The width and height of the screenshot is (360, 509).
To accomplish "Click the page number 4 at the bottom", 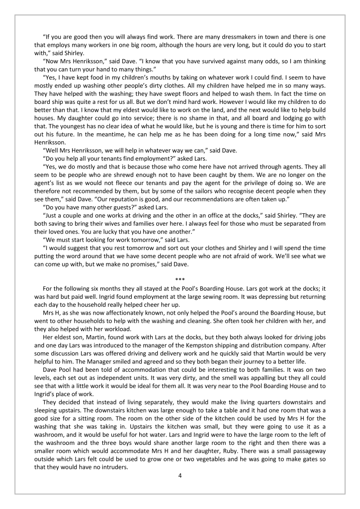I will (x=180, y=476).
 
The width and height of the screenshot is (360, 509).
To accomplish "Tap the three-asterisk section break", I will (x=180, y=279).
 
